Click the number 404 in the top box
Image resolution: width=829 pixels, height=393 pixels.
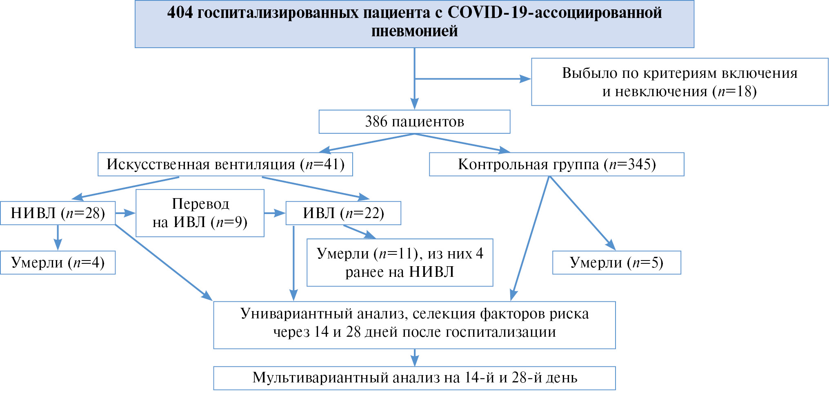[x=180, y=13]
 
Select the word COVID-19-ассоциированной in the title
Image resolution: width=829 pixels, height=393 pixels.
[x=555, y=13]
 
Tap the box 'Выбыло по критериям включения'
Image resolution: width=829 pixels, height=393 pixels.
[x=680, y=82]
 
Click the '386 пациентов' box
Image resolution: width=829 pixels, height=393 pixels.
[x=414, y=121]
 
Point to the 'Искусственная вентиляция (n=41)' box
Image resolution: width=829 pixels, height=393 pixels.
[x=225, y=164]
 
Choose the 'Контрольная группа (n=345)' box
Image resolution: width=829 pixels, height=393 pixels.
[x=557, y=164]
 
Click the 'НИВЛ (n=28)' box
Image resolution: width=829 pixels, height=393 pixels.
[x=58, y=213]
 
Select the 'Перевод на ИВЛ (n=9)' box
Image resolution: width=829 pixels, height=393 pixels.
[x=200, y=213]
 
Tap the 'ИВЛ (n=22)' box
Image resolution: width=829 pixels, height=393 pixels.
[x=343, y=213]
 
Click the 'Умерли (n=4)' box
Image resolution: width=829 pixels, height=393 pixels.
[x=58, y=263]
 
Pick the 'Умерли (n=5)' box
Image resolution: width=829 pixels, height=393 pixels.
[x=617, y=263]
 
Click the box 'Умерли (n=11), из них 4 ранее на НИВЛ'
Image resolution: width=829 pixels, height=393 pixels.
[x=400, y=263]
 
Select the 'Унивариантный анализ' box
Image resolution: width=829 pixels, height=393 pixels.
[x=414, y=325]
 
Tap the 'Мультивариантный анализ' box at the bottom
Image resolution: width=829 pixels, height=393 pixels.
[x=414, y=378]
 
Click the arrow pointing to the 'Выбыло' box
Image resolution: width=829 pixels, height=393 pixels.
[x=473, y=79]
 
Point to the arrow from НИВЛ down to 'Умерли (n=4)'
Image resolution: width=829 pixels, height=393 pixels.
[x=58, y=238]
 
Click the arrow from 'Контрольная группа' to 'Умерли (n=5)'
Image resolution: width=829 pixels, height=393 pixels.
[x=582, y=213]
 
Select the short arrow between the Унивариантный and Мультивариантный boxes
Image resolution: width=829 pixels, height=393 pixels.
[x=415, y=358]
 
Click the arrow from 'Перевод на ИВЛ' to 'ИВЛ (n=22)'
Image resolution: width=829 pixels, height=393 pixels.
[x=275, y=213]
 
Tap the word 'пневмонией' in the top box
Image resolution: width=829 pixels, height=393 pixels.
[x=414, y=31]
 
